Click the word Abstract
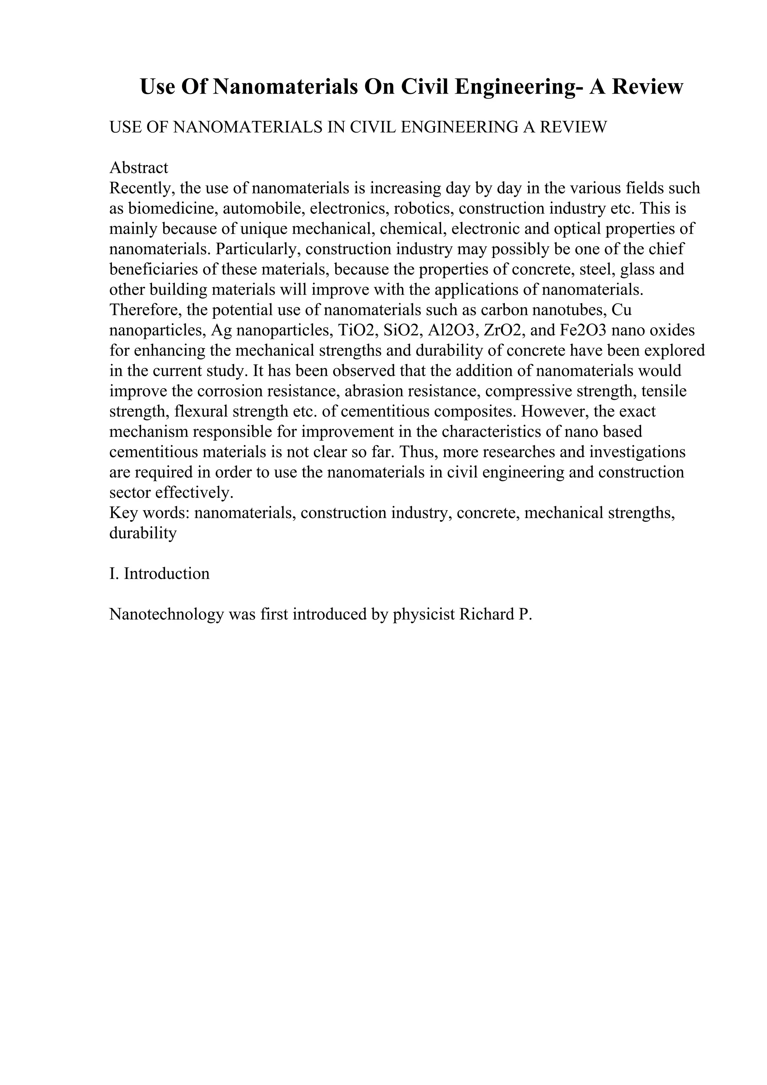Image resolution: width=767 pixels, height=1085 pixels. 139,168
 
